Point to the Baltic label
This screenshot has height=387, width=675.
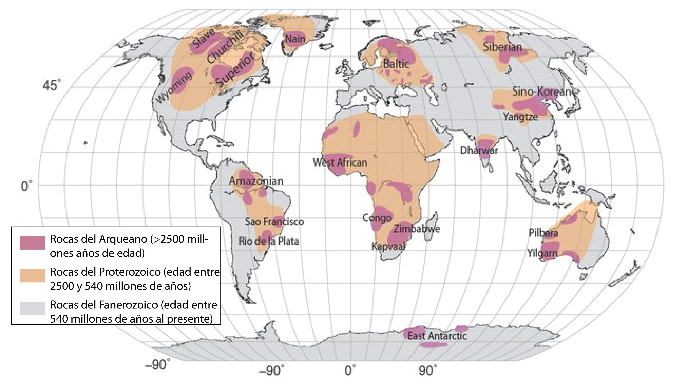396,64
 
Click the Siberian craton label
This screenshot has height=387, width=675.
503,48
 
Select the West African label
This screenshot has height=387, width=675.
340,162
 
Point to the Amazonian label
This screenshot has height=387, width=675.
256,181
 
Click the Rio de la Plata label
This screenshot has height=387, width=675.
269,241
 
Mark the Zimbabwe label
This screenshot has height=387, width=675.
417,229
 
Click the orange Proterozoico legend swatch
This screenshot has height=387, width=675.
33,275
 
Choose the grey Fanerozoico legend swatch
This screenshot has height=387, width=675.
33,308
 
